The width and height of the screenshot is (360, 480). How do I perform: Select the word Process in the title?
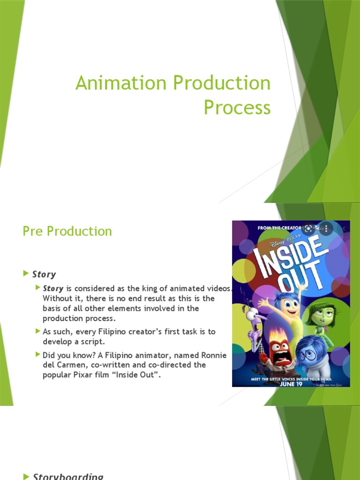237,107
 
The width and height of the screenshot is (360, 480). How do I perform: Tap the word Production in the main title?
222,83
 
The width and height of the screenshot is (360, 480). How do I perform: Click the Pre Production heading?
67,231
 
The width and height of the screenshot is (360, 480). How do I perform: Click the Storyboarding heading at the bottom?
67,476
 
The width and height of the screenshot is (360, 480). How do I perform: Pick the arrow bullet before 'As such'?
38,331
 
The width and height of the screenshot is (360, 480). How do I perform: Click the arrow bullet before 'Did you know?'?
38,355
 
